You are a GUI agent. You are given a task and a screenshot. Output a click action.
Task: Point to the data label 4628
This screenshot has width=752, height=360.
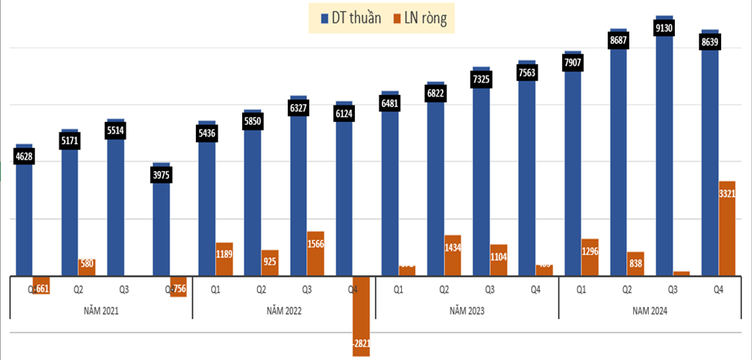24,158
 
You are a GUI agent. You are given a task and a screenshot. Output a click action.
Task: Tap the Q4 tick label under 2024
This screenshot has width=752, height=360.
718,290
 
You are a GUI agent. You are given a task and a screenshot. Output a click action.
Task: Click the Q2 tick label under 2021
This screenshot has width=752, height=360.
78,290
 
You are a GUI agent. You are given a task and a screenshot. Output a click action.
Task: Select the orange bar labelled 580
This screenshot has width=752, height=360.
87,267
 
